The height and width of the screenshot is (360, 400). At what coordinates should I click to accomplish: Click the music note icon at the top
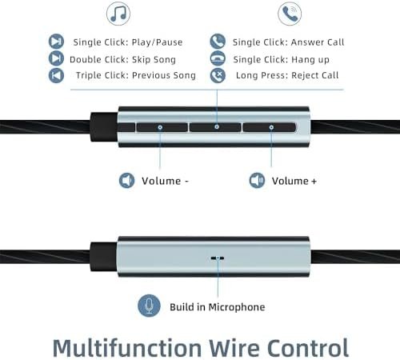tap(118, 14)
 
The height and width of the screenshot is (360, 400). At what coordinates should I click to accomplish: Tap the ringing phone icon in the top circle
tap(290, 14)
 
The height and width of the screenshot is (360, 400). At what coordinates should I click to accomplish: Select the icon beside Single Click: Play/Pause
tap(56, 42)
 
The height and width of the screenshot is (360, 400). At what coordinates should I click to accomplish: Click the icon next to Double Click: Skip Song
tap(56, 58)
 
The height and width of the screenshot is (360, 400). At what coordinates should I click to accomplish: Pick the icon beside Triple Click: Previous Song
tap(56, 75)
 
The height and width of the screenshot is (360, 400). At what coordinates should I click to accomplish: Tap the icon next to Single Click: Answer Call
tap(218, 42)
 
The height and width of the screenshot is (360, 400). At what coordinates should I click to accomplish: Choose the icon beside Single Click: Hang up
tap(218, 58)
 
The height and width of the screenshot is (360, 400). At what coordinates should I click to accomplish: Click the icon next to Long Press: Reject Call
tap(218, 75)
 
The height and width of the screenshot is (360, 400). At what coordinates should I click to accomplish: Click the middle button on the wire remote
tap(215, 127)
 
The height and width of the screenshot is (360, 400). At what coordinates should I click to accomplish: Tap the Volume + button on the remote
tap(270, 127)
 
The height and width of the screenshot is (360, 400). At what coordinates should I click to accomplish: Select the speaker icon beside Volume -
tap(126, 181)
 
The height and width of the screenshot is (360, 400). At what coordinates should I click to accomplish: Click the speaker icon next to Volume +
tap(257, 181)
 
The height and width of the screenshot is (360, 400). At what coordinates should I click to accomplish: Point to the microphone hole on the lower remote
tap(218, 258)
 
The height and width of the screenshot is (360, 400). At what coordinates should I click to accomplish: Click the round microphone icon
tap(149, 306)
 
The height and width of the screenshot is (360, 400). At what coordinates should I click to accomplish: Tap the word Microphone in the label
tap(237, 307)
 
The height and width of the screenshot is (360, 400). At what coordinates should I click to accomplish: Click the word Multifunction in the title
tap(127, 348)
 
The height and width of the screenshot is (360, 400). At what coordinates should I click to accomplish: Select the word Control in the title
tap(308, 348)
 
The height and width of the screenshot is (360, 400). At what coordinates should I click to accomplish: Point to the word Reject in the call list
tap(305, 75)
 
